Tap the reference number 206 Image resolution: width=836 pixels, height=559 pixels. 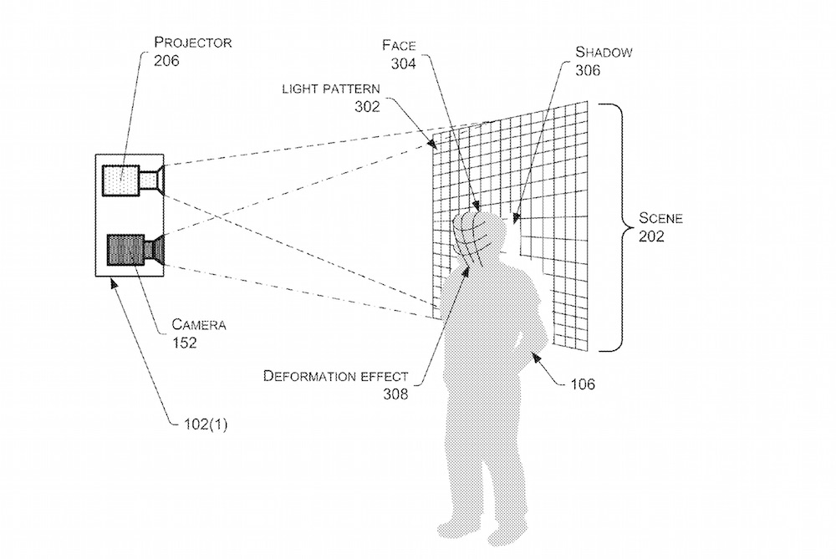tap(166, 61)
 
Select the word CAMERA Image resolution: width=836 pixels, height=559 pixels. tap(199, 324)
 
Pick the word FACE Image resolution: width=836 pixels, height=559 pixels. tap(400, 45)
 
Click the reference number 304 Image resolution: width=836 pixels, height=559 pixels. tap(399, 64)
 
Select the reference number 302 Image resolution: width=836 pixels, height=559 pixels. tap(367, 107)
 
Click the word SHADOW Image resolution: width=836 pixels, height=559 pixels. tap(604, 52)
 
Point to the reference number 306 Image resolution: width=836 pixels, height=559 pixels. tap(589, 70)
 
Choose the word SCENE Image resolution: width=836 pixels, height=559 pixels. tap(661, 219)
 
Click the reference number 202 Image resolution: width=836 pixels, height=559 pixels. tap(651, 237)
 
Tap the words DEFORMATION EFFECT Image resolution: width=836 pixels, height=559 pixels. tap(335, 376)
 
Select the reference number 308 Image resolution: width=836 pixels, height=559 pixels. tap(395, 394)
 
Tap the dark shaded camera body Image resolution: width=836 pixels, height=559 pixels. tap(125, 250)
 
